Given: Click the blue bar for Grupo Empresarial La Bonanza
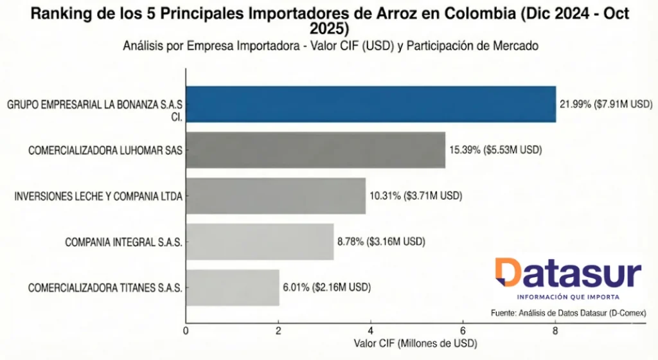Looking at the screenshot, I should [x=371, y=104].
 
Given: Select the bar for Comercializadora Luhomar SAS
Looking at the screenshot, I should [x=316, y=150].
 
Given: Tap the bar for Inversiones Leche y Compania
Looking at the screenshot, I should [x=276, y=196].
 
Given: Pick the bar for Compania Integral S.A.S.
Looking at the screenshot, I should [x=260, y=242].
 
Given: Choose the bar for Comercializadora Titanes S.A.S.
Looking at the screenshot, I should [x=233, y=287].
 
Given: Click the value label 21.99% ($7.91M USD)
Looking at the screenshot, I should [x=606, y=104].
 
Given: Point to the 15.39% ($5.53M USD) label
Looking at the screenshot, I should [x=495, y=150].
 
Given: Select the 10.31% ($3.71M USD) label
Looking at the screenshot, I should [x=416, y=196].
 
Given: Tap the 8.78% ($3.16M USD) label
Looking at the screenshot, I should [x=381, y=242].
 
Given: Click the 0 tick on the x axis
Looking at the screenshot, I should [x=186, y=330].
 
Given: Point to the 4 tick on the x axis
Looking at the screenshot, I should [x=370, y=330].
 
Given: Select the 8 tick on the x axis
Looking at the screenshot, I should [x=555, y=330].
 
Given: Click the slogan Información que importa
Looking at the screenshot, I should [x=568, y=296].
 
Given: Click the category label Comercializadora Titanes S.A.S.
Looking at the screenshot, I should [x=105, y=287].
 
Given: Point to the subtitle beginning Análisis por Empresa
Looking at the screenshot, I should [x=329, y=46].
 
